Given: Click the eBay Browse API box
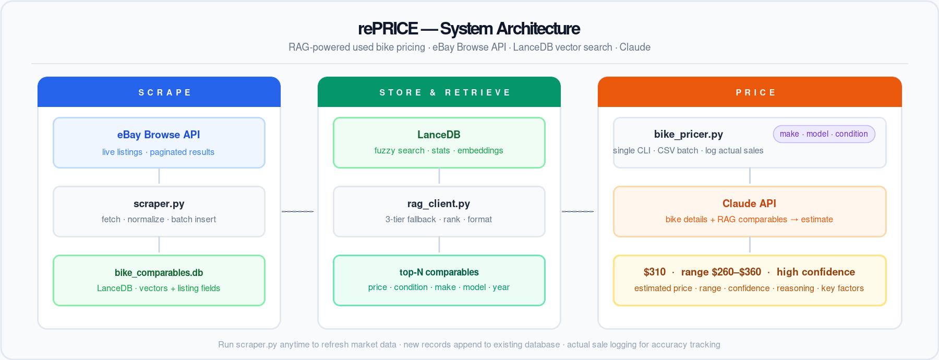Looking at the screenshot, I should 159,142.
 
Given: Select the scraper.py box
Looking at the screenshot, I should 159,211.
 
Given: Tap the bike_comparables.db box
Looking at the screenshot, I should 159,280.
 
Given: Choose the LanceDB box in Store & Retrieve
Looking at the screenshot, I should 439,142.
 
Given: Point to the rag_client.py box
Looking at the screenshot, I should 439,211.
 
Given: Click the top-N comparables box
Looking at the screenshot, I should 439,280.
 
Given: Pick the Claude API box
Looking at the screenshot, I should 749,211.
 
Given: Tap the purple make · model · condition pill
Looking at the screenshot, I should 824,134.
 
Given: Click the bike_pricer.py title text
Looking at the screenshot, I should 688,134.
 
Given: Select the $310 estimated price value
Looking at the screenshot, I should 654,272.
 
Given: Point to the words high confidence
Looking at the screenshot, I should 815,272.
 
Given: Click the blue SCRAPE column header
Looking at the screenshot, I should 159,92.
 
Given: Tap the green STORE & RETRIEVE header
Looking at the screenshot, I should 439,92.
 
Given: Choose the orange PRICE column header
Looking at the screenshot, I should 749,92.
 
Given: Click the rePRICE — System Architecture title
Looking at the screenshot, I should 468,28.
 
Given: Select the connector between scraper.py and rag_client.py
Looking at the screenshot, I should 297,211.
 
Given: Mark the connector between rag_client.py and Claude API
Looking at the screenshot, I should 577,211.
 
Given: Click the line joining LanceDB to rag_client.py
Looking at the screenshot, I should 439,176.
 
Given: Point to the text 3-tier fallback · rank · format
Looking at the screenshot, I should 438,220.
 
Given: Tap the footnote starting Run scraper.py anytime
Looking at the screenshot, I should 468,344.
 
